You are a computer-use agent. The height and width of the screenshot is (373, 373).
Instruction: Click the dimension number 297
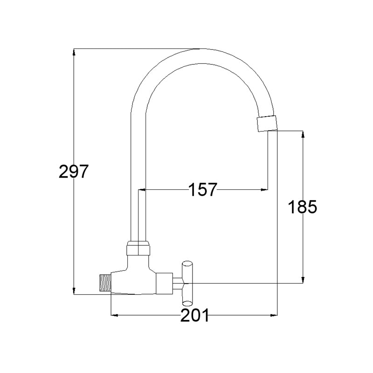tap(74, 171)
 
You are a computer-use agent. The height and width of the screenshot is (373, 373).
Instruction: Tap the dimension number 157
tap(203, 190)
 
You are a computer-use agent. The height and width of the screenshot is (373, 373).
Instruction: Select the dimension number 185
tap(303, 207)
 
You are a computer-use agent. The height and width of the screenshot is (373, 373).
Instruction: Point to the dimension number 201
tap(194, 315)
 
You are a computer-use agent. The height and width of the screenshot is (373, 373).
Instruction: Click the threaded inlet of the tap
tap(105, 283)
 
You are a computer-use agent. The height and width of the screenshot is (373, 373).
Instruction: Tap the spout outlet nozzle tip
tap(267, 123)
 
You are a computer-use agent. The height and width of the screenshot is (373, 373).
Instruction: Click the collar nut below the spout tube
tap(138, 248)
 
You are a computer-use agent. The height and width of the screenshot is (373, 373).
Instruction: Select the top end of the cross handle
tap(187, 263)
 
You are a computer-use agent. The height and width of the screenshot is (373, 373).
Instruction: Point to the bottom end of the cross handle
tap(187, 304)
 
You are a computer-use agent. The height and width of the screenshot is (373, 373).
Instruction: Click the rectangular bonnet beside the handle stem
tap(164, 283)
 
